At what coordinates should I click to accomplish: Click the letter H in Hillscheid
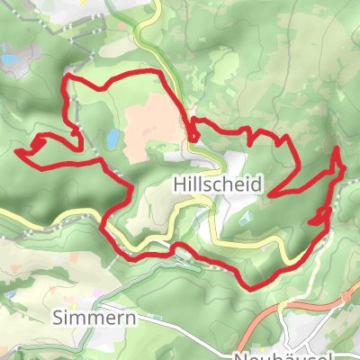click(x=177, y=184)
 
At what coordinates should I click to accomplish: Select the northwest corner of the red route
click(x=65, y=80)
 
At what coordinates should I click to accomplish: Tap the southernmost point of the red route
click(x=255, y=286)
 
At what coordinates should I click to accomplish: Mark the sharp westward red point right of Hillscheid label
click(x=273, y=193)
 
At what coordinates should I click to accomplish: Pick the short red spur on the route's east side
click(x=314, y=219)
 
